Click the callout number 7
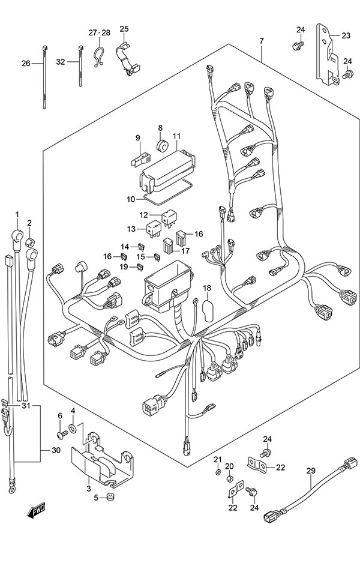click(x=262, y=41)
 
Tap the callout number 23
click(x=346, y=35)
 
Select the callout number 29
click(x=310, y=471)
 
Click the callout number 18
click(x=207, y=289)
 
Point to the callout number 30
click(x=56, y=450)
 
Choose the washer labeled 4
click(x=73, y=427)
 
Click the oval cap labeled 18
click(x=207, y=312)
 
